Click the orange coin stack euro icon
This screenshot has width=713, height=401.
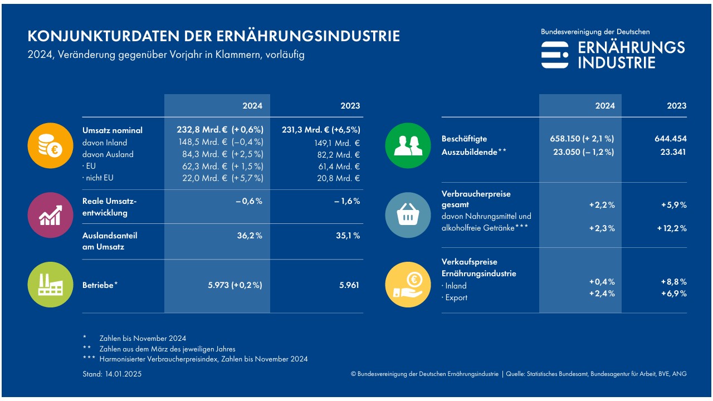click(x=51, y=145)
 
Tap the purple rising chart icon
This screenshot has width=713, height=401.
click(x=51, y=215)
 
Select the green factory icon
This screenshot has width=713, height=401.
click(x=51, y=285)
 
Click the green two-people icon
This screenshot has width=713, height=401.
click(x=408, y=145)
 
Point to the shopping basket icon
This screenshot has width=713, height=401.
click(x=408, y=215)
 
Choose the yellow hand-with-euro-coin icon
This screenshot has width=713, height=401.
click(x=408, y=285)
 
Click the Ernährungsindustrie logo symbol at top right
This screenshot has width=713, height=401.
click(x=555, y=55)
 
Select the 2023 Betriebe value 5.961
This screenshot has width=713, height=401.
click(x=350, y=285)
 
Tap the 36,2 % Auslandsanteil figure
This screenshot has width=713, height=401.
click(x=249, y=236)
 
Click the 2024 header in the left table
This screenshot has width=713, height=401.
click(x=252, y=106)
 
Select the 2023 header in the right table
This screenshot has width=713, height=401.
click(x=677, y=106)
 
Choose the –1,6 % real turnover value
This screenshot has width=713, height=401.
click(x=347, y=201)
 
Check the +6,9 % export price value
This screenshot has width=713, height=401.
click(x=673, y=294)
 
